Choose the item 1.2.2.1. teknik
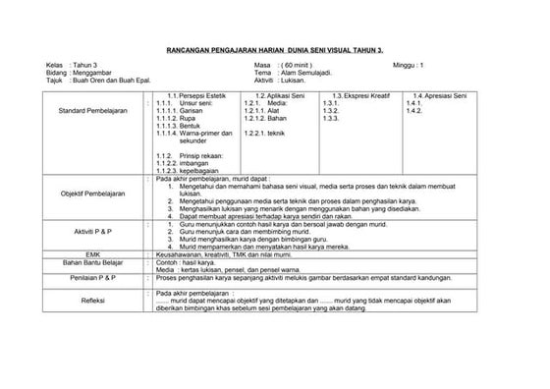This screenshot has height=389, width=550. (263, 133)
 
